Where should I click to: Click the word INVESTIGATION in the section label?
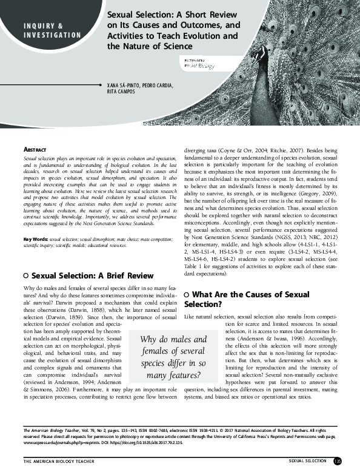[x=52, y=35]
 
